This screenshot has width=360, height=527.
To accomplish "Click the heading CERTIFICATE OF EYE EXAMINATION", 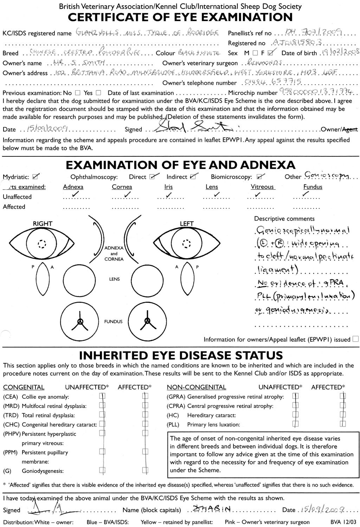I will [x=180, y=17].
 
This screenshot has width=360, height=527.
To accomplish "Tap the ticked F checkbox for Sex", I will [x=270, y=53].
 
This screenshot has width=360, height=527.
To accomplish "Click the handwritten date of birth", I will [x=339, y=53].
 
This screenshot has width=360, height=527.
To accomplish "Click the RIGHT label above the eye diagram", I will [x=43, y=224].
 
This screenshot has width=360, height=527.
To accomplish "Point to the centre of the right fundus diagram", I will [x=81, y=321].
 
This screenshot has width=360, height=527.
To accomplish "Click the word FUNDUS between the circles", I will [x=113, y=321].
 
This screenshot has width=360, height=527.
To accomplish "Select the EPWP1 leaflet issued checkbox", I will [x=355, y=339].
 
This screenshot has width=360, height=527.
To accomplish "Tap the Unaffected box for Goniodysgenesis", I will [x=102, y=470].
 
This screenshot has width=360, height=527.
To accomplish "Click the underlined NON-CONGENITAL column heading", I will [x=196, y=387].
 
